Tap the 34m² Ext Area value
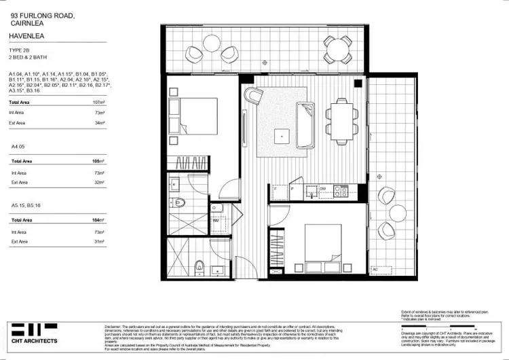point(99,123)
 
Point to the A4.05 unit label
point(18,145)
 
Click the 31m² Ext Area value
point(99,241)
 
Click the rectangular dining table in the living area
point(341,118)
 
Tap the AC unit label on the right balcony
point(374,269)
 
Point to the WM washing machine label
point(215,221)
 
